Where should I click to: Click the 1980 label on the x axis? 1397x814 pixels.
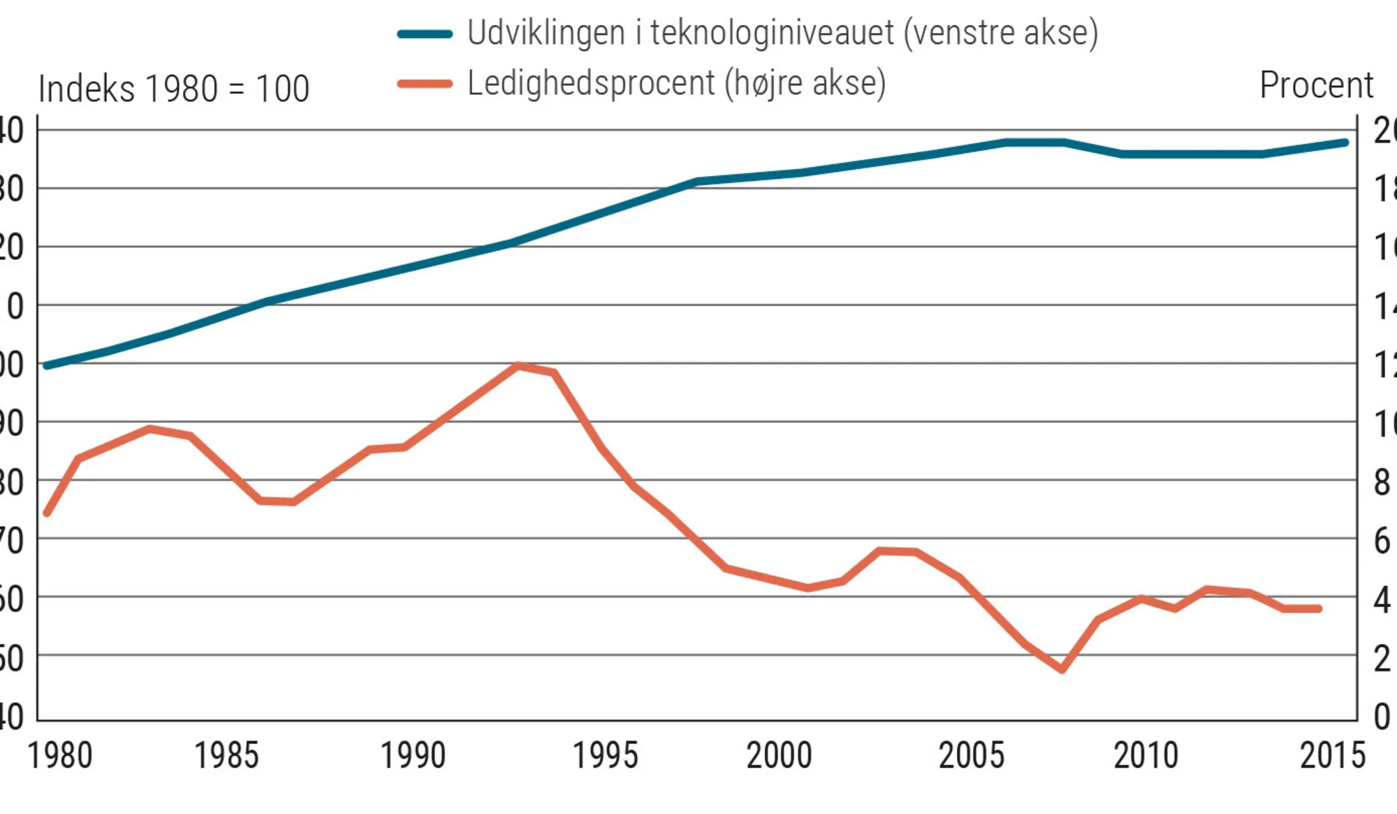[x=60, y=756]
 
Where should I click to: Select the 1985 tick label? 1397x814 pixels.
[x=226, y=756]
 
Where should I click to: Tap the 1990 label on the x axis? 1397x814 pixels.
[x=413, y=756]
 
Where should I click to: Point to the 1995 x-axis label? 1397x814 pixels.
[x=606, y=756]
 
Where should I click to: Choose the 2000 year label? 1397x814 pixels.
[x=780, y=756]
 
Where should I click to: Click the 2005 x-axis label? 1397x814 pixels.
[x=972, y=756]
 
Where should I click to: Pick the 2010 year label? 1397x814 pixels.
[x=1146, y=756]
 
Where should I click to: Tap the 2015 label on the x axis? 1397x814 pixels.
[x=1333, y=756]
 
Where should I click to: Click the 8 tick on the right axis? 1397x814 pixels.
[x=1382, y=483]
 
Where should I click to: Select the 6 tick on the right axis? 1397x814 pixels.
[x=1382, y=542]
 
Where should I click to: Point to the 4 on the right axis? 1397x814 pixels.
[x=1382, y=600]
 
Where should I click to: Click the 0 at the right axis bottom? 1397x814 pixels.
[x=1382, y=717]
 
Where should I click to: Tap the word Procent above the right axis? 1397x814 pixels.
[x=1317, y=86]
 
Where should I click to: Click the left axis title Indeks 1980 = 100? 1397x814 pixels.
[x=174, y=89]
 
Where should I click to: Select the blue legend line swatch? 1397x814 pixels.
[x=425, y=34]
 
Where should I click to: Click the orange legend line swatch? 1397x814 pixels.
[x=425, y=84]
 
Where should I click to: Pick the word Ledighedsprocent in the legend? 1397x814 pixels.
[x=591, y=83]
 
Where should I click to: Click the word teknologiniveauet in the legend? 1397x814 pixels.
[x=772, y=33]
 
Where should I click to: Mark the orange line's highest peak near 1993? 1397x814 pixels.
[x=518, y=365]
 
